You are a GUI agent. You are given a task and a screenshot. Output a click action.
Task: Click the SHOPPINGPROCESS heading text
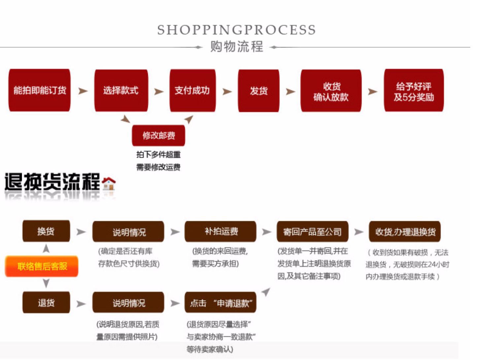pos(236,30)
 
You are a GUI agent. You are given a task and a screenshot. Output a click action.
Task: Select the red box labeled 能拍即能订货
pos(39,90)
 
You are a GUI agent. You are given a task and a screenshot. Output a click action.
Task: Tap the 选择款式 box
pos(121,90)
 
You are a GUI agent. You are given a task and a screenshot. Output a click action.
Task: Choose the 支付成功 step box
pos(192,90)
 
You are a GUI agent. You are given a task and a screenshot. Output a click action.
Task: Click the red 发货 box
pos(258,91)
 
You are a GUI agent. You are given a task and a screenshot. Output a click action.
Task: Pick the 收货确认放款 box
pos(331,91)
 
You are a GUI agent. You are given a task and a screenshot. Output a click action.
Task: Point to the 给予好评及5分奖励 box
pos(413,90)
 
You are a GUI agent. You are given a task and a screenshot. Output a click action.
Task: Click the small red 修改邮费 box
pos(158,135)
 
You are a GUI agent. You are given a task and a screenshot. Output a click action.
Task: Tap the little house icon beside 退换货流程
pos(109,183)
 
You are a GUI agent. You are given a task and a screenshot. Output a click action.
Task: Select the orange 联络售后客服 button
pos(42,266)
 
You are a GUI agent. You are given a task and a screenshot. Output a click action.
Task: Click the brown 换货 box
pos(46,231)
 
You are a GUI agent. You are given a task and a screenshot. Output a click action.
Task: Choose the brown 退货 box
pos(46,302)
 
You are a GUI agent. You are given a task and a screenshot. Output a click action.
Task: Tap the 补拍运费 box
pos(220,232)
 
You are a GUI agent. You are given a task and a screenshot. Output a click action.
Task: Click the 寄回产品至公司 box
pos(312,232)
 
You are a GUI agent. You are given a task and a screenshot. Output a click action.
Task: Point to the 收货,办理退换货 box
pos(405,232)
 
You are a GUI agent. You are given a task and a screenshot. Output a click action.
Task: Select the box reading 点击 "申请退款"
pos(220,303)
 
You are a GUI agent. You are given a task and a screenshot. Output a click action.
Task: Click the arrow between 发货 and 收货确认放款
pos(290,91)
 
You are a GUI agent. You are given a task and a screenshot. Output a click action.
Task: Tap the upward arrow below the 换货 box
pos(46,248)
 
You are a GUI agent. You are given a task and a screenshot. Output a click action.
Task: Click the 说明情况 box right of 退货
pos(128,303)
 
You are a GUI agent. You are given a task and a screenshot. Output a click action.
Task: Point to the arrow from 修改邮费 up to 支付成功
pos(189,119)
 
